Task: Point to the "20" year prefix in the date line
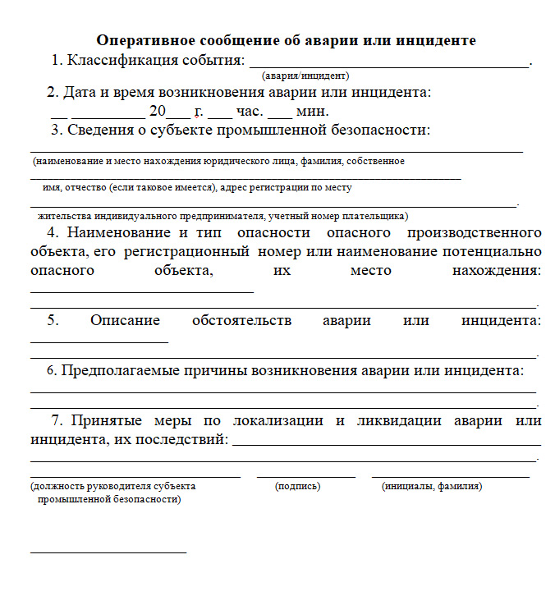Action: [x=158, y=111]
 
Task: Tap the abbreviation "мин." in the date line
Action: [x=313, y=111]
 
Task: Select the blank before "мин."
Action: [x=280, y=116]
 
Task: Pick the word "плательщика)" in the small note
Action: [x=378, y=216]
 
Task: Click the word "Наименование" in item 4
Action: [x=117, y=232]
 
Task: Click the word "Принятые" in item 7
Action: [x=108, y=420]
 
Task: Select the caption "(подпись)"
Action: [x=298, y=487]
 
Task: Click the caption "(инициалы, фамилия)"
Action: [x=433, y=487]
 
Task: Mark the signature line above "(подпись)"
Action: [x=305, y=476]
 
